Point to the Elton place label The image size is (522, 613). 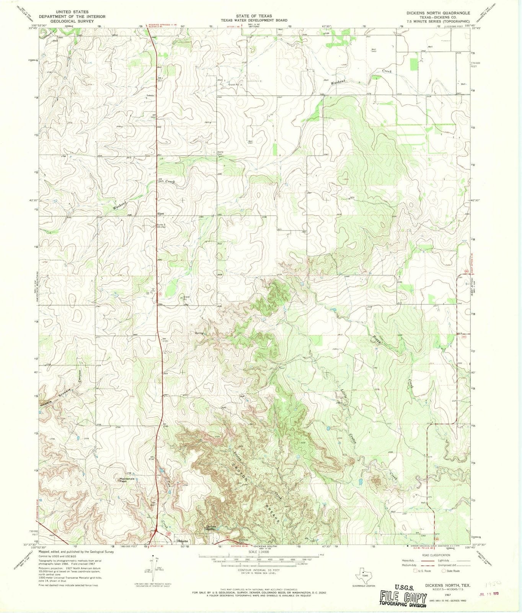pyautogui.click(x=160, y=213)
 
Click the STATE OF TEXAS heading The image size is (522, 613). pyautogui.click(x=254, y=16)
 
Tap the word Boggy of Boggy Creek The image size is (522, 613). pyautogui.click(x=376, y=342)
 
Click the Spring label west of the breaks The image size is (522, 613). pyautogui.click(x=199, y=333)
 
